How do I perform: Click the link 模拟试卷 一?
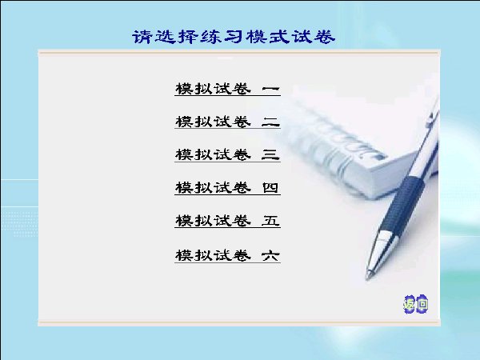pyautogui.click(x=227, y=89)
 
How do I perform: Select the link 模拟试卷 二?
pyautogui.click(x=227, y=122)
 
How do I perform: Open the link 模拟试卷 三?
pyautogui.click(x=227, y=155)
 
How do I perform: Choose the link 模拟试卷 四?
pyautogui.click(x=227, y=188)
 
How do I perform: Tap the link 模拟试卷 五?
pyautogui.click(x=227, y=221)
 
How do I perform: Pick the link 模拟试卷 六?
pyautogui.click(x=227, y=256)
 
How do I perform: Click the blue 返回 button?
pyautogui.click(x=416, y=304)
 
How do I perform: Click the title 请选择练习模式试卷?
pyautogui.click(x=234, y=37)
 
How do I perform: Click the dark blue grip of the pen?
pyautogui.click(x=403, y=203)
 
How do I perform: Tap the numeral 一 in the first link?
pyautogui.click(x=270, y=89)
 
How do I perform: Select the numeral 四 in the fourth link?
pyautogui.click(x=270, y=188)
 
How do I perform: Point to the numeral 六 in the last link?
pyautogui.click(x=270, y=256)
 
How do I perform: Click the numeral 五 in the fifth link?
pyautogui.click(x=270, y=221)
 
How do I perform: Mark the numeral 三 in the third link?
pyautogui.click(x=270, y=155)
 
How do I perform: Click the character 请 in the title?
pyautogui.click(x=142, y=37)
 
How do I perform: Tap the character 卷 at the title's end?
pyautogui.click(x=325, y=37)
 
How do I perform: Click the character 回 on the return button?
pyautogui.click(x=422, y=304)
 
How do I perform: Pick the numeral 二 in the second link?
pyautogui.click(x=270, y=122)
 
